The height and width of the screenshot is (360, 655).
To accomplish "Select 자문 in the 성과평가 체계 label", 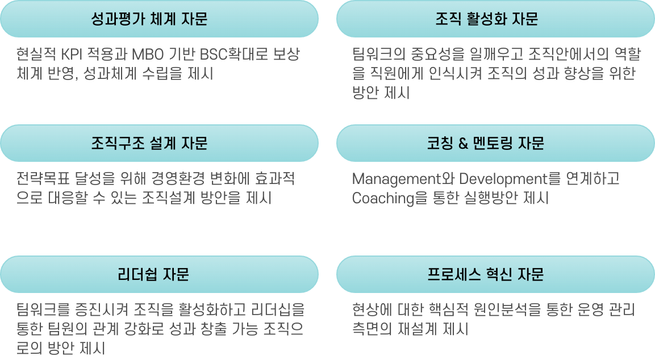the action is pos(194,19).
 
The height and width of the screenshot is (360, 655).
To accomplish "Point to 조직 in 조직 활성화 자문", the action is pos(448,19).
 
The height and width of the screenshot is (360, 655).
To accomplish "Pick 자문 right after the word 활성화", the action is pos(524,19).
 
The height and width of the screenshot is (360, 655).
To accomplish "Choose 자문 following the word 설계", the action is pos(194,143).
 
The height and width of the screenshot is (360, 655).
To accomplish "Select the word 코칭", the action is pos(439,143).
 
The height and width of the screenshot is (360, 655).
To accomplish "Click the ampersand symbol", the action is pos(463,144).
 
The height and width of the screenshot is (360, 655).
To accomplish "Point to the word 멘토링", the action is pos(493,143).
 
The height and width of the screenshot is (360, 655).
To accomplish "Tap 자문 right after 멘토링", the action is pos(531,143).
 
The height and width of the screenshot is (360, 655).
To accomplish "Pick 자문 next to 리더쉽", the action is pos(176,274).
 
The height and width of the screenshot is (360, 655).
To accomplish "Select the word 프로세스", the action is pos(453,274).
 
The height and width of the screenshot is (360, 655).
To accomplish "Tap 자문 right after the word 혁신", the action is pos(531,274).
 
